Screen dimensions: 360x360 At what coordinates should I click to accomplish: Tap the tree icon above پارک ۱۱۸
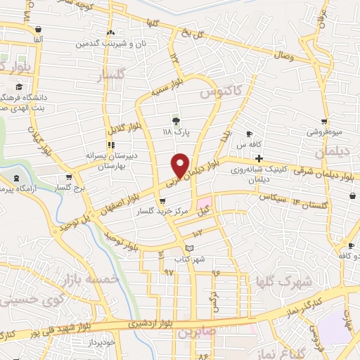(x=176, y=120)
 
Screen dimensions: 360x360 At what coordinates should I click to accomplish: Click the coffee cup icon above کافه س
(x=249, y=134)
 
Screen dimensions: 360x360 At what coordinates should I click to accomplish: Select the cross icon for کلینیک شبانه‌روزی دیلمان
(x=259, y=157)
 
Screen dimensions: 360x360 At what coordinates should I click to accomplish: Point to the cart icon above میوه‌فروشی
(x=323, y=121)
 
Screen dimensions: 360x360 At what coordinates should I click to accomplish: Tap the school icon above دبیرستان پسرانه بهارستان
(x=110, y=145)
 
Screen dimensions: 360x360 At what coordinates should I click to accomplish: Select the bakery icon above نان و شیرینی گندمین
(x=110, y=33)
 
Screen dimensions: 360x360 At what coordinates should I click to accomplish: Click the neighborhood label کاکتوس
(x=218, y=91)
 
